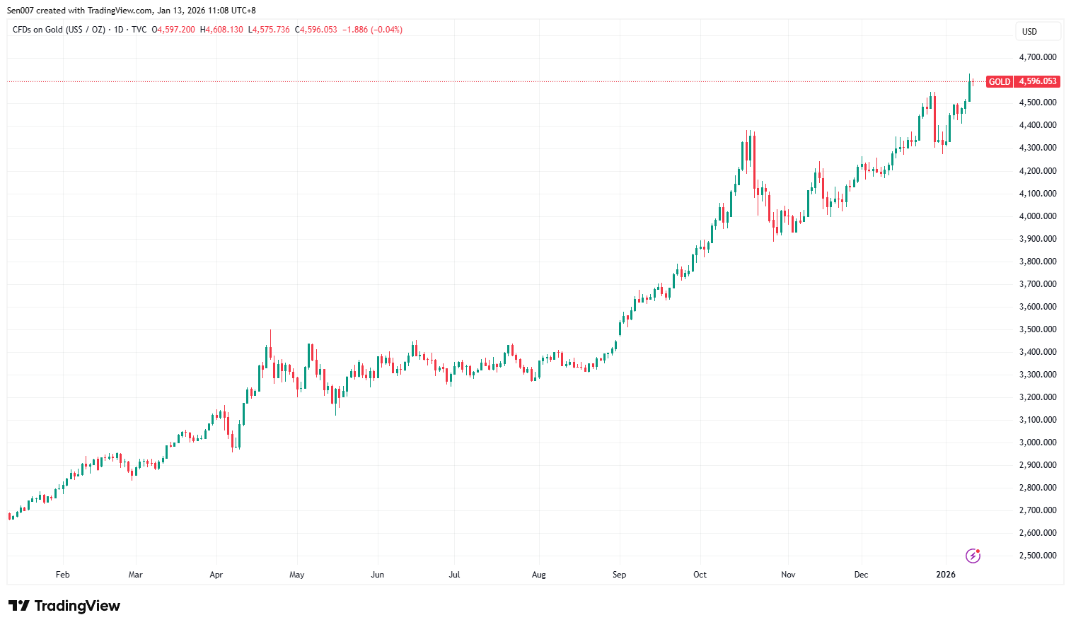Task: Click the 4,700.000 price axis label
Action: pos(1037,57)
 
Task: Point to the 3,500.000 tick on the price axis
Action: pos(1037,329)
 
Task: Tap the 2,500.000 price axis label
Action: pos(1037,556)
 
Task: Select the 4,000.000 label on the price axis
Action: pos(1037,216)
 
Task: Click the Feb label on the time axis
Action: pos(63,575)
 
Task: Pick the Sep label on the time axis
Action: pos(619,575)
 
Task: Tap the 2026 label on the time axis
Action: pos(945,575)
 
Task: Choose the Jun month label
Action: pos(378,575)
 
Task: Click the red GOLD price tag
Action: pos(999,82)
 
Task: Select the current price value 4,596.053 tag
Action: pos(1037,82)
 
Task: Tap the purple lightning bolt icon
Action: pos(973,556)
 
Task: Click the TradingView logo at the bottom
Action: pos(64,606)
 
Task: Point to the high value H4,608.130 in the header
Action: pos(221,30)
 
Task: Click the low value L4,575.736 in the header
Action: pos(269,30)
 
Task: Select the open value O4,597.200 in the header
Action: pos(173,30)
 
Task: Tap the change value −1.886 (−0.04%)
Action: pos(372,30)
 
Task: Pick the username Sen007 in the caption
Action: pos(20,11)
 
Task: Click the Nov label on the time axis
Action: pos(788,575)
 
